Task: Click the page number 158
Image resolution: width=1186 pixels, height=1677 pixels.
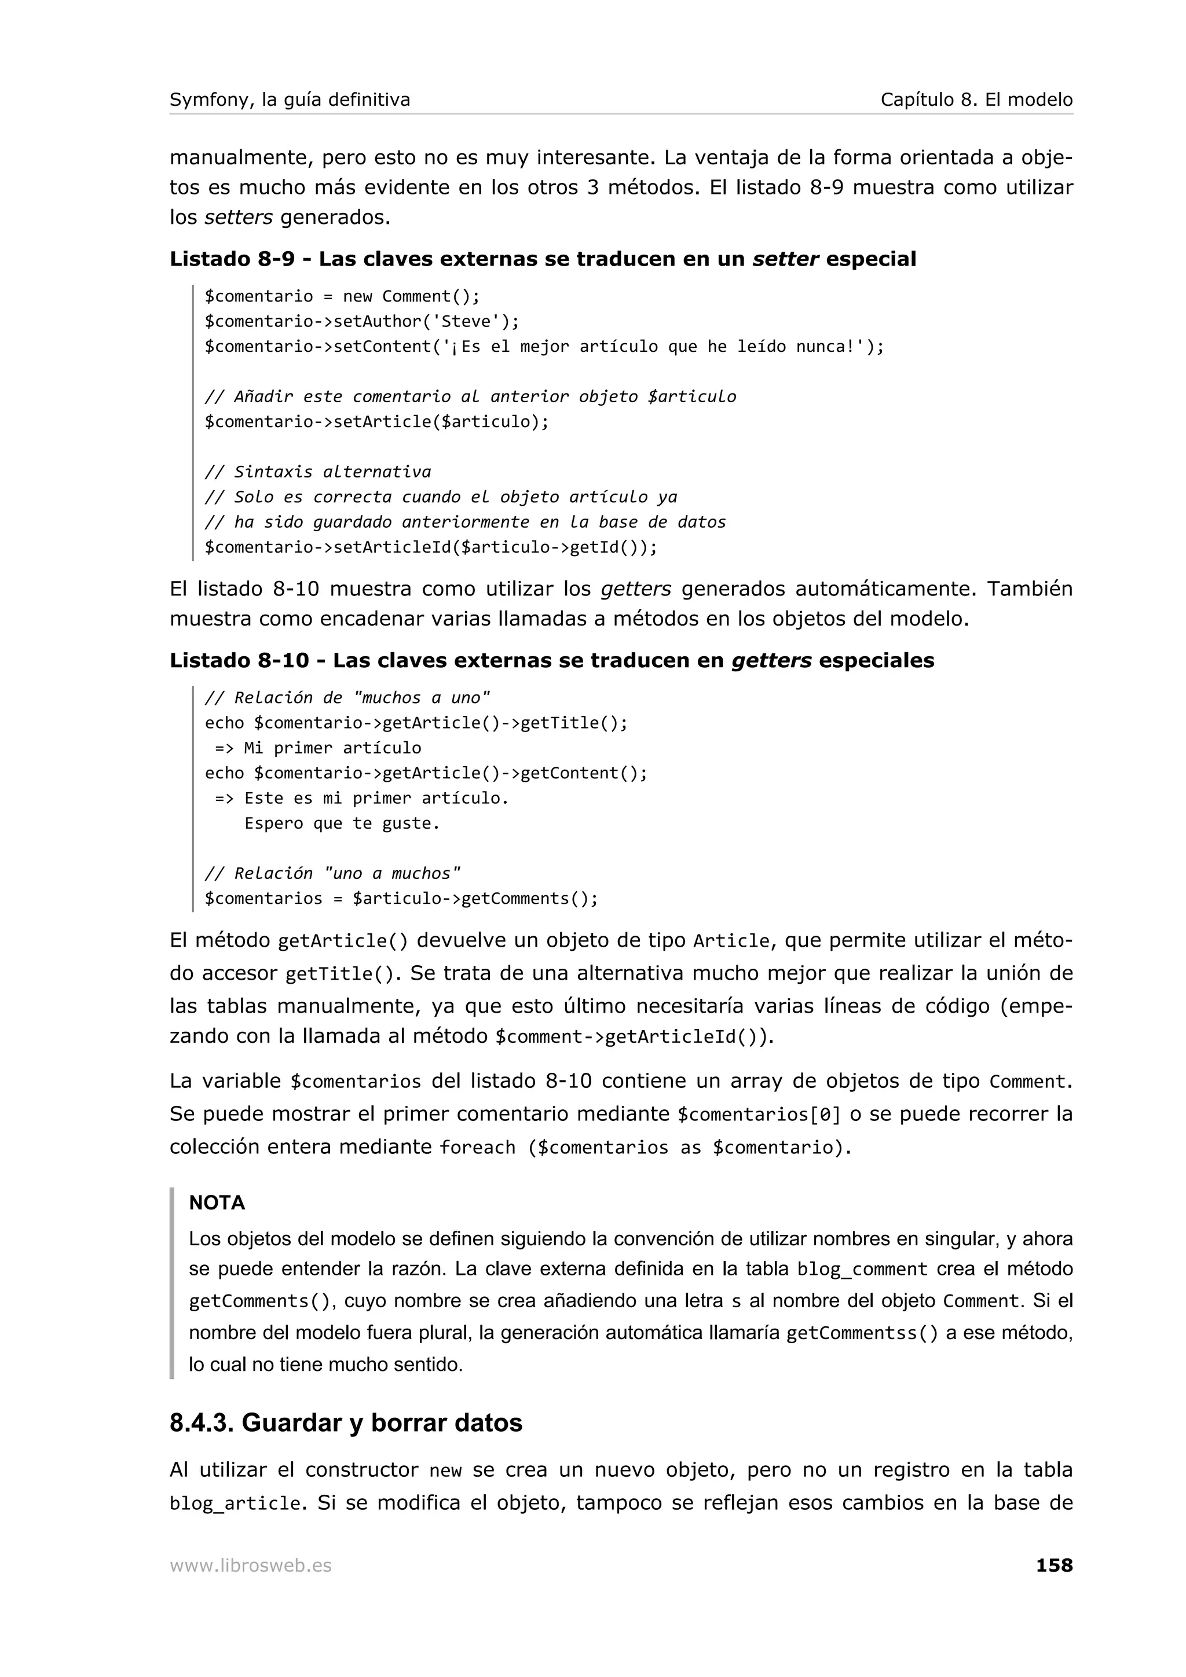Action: coord(1054,1565)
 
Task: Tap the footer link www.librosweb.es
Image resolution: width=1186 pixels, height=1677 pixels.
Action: coord(251,1566)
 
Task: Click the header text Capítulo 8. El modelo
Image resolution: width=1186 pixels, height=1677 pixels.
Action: coord(976,100)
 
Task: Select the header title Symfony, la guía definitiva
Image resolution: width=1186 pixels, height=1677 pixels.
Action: coord(290,100)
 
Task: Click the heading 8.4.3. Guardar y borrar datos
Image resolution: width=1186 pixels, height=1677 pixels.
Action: coord(346,1423)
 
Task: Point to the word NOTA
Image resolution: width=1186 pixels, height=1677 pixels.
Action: coord(217,1203)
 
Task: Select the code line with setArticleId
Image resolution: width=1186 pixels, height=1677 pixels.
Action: coord(430,547)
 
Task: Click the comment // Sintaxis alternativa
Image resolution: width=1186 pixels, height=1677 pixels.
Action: coord(318,472)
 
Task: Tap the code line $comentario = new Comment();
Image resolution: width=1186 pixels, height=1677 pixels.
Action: coord(342,296)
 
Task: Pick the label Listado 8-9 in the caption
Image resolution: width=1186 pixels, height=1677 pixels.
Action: coord(232,259)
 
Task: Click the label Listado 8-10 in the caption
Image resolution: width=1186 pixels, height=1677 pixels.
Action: coord(239,661)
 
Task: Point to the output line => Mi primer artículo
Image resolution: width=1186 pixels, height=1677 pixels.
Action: coord(318,748)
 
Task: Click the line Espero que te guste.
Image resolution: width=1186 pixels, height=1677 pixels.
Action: coord(342,823)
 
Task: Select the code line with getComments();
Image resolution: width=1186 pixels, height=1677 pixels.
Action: coord(401,898)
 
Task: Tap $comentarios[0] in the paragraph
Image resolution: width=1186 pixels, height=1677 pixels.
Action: coord(759,1115)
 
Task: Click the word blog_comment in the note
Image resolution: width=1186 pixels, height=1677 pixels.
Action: coord(862,1270)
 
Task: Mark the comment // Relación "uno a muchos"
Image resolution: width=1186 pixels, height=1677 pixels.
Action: coord(332,874)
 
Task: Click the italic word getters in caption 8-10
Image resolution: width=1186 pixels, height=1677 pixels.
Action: coord(771,661)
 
